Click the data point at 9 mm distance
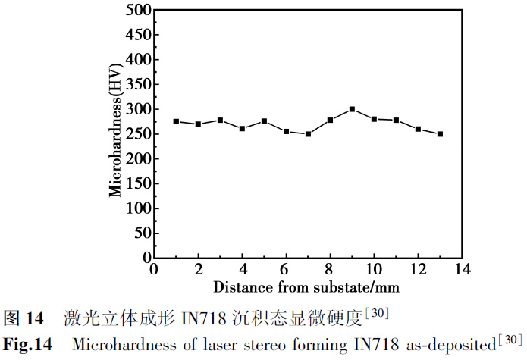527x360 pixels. click(352, 109)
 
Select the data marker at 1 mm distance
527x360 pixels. click(176, 121)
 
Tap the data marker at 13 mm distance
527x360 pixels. click(440, 134)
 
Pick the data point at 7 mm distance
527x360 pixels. click(308, 134)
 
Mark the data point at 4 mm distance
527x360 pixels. click(242, 129)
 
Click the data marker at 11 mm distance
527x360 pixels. click(396, 120)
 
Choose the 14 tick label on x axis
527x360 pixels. click(461, 270)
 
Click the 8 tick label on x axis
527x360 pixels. click(330, 270)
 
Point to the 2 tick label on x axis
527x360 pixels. click(198, 270)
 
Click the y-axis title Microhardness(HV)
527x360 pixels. click(115, 134)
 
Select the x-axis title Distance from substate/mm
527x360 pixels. click(306, 287)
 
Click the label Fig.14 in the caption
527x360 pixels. click(27, 345)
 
